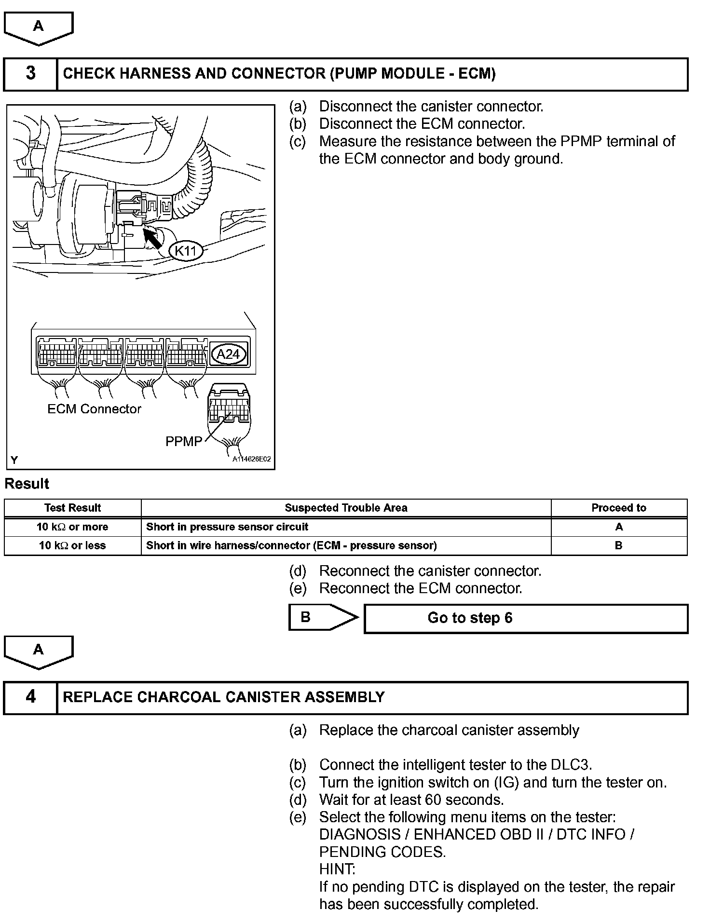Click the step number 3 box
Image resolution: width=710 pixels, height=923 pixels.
click(x=30, y=74)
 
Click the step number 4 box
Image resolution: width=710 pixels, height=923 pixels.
click(x=30, y=697)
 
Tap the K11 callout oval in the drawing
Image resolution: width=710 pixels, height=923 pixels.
click(x=186, y=251)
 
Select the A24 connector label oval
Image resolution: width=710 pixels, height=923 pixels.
click(x=228, y=354)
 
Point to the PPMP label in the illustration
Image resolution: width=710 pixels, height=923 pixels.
click(x=184, y=441)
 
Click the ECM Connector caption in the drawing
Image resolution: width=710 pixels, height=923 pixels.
click(x=94, y=409)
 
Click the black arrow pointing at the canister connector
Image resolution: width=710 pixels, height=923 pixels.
click(x=153, y=238)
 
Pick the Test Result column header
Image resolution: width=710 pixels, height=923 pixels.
click(x=72, y=508)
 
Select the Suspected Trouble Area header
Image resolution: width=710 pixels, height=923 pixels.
click(x=346, y=508)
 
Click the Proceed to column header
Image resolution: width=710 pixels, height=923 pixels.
click(x=619, y=508)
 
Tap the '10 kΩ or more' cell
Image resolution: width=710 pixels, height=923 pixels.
click(x=72, y=527)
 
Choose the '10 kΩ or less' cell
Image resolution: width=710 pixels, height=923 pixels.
click(x=72, y=545)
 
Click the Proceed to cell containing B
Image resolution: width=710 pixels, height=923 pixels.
click(x=619, y=545)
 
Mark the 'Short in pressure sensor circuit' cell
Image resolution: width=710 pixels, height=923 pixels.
click(x=227, y=527)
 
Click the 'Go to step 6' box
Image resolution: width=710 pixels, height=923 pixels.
click(x=526, y=618)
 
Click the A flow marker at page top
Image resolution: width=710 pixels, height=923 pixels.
click(x=38, y=27)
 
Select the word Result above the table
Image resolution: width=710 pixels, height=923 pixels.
click(x=27, y=484)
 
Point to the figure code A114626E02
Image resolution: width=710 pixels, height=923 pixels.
click(x=251, y=459)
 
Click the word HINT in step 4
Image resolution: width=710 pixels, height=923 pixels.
click(x=337, y=869)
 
